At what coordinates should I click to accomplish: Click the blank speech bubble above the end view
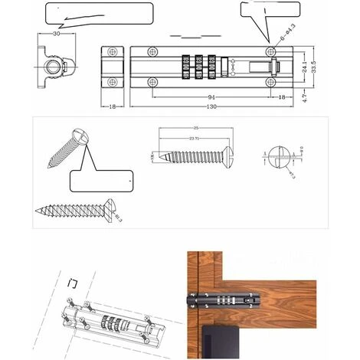(97, 14)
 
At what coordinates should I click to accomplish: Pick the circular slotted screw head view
(279, 157)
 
